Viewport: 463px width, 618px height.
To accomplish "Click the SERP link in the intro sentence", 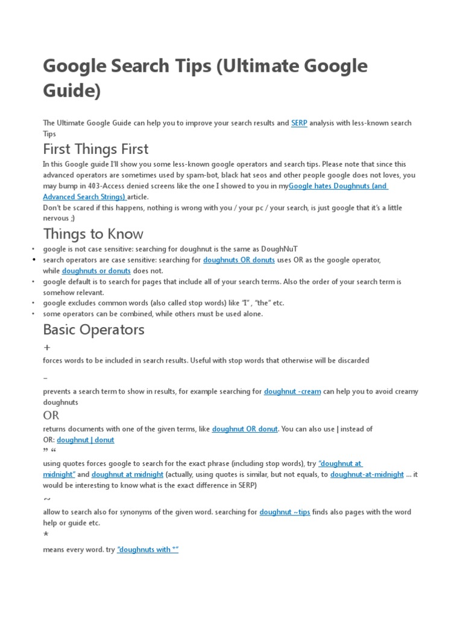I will pyautogui.click(x=299, y=123).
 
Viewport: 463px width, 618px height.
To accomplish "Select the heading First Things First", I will pyautogui.click(x=95, y=148).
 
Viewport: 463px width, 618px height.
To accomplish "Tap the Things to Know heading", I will pyautogui.click(x=93, y=234).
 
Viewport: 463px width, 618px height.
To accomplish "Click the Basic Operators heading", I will pyautogui.click(x=93, y=330).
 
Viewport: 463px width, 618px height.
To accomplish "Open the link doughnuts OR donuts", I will pyautogui.click(x=239, y=260).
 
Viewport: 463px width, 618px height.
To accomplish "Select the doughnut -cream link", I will pyautogui.click(x=292, y=392).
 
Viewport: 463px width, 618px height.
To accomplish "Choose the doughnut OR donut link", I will pyautogui.click(x=245, y=429).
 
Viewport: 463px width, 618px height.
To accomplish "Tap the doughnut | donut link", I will pyautogui.click(x=86, y=440).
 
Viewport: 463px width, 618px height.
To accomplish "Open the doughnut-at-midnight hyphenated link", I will pyautogui.click(x=367, y=474).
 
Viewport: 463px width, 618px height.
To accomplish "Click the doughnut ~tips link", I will pyautogui.click(x=285, y=512).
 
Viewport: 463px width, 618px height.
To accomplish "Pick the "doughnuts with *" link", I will pyautogui.click(x=148, y=550).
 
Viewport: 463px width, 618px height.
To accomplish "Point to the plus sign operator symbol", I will pyautogui.click(x=47, y=348).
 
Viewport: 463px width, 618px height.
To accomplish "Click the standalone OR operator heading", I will pyautogui.click(x=51, y=415).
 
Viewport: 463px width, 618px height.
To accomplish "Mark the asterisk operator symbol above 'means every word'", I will pyautogui.click(x=46, y=535).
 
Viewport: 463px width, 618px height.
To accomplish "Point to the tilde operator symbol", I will pyautogui.click(x=47, y=499).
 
